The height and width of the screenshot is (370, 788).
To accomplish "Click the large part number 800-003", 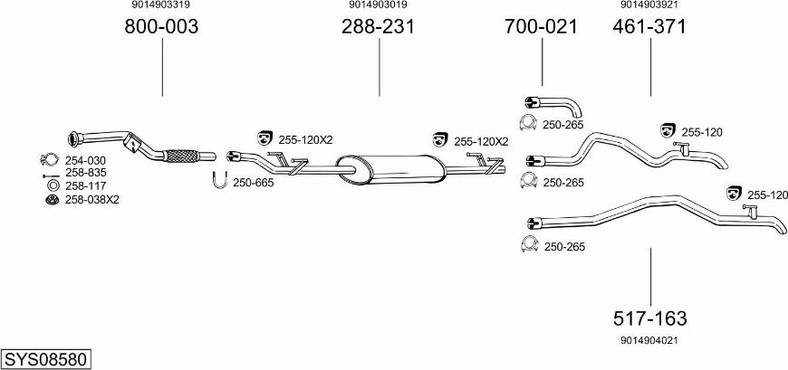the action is click(161, 26).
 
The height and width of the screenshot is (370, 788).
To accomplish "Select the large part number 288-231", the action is click(379, 26).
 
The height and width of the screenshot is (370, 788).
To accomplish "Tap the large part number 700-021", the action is click(542, 26).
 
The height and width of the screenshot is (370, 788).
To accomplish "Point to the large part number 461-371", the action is click(649, 26).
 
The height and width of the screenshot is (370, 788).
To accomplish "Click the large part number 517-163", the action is click(649, 318).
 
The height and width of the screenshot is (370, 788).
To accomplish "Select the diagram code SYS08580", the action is click(46, 359).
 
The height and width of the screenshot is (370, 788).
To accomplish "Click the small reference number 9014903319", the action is click(161, 5).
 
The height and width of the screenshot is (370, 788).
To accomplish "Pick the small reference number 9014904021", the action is click(649, 340).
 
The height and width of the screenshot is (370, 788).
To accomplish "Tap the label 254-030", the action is click(85, 161).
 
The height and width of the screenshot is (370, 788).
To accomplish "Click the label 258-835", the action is click(85, 173).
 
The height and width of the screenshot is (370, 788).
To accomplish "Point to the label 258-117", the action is click(85, 186).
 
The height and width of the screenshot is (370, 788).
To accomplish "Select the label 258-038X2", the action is click(92, 200).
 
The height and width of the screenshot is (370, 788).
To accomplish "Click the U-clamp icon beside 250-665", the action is click(219, 180).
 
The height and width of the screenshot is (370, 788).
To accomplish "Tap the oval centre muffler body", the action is click(390, 168).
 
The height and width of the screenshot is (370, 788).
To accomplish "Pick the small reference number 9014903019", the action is click(378, 5).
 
